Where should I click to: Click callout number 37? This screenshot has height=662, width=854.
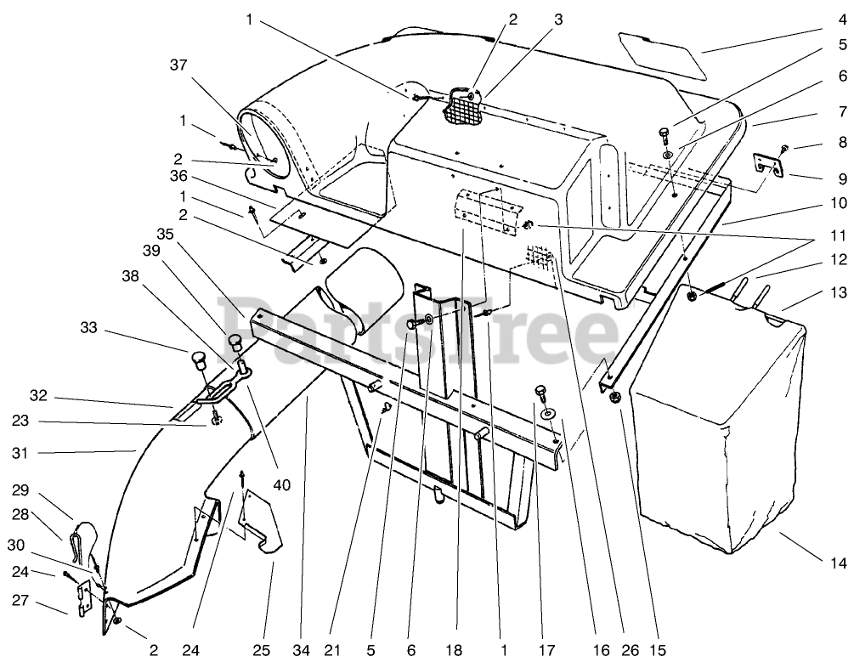tap(202, 65)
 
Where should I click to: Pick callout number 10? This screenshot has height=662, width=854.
tap(839, 203)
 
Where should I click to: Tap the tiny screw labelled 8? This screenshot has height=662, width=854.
tap(785, 149)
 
